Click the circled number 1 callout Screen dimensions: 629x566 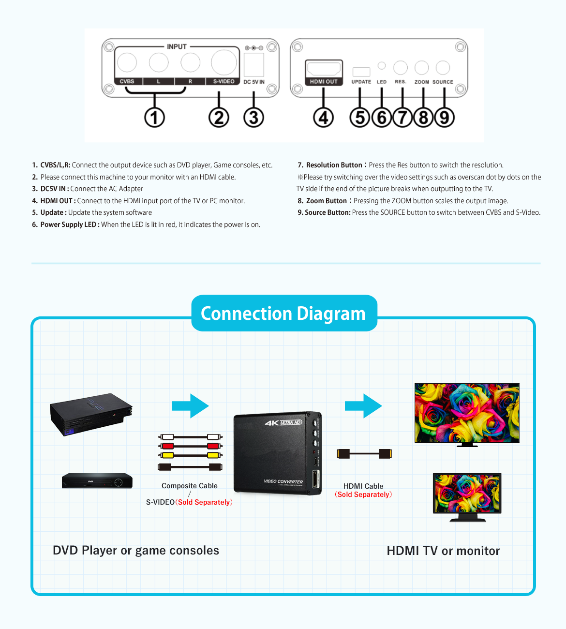[x=154, y=118]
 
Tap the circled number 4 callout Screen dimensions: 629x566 [x=323, y=118]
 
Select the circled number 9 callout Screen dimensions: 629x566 [x=444, y=118]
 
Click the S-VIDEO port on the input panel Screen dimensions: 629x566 [x=223, y=62]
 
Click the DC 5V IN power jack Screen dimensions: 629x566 [x=253, y=64]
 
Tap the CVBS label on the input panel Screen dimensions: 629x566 [x=127, y=81]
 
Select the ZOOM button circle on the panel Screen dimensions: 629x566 [x=421, y=68]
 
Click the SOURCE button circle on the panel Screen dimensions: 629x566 [x=443, y=68]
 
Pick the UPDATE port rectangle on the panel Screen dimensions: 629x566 [x=361, y=72]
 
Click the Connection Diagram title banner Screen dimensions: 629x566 [x=283, y=314]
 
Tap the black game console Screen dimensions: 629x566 [x=91, y=414]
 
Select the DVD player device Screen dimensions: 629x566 [x=97, y=480]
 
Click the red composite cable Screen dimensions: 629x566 [x=190, y=446]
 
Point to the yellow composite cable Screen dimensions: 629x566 [x=190, y=455]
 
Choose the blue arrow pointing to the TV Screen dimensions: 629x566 [x=363, y=405]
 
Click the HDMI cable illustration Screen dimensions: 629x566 [x=364, y=454]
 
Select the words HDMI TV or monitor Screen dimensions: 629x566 [x=443, y=551]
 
